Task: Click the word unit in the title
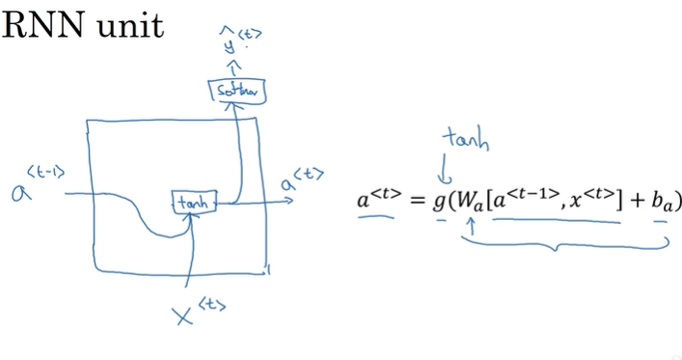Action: [129, 25]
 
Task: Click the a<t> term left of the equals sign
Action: [376, 200]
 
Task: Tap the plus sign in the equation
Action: [635, 203]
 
